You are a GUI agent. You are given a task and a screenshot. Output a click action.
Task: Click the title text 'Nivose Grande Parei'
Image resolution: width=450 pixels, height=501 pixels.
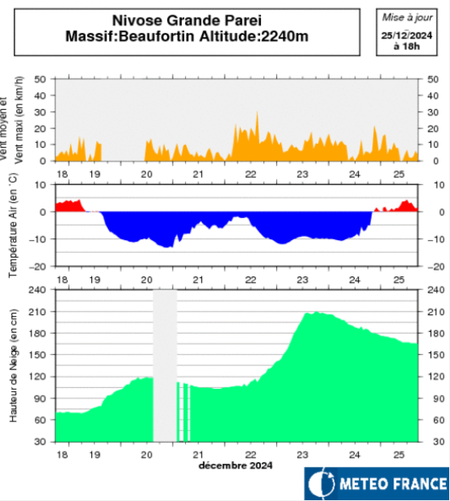(x=187, y=19)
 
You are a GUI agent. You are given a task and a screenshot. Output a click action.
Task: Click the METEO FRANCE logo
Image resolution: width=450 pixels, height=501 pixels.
(x=376, y=484)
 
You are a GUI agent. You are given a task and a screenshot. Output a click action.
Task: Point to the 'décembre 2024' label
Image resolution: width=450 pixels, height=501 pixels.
(x=235, y=465)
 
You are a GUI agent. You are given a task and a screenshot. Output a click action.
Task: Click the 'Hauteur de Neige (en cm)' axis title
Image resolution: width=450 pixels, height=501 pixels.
(x=12, y=365)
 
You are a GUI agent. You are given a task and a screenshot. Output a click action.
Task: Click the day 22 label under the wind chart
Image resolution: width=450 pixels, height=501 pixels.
(x=251, y=174)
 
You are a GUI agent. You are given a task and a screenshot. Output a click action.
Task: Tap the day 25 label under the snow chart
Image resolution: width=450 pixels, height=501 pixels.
(x=398, y=455)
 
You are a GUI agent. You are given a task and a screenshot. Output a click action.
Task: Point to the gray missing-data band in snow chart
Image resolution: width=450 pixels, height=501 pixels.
(x=165, y=364)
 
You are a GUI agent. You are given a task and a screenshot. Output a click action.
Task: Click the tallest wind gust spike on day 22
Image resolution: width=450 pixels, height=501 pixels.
(x=258, y=114)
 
